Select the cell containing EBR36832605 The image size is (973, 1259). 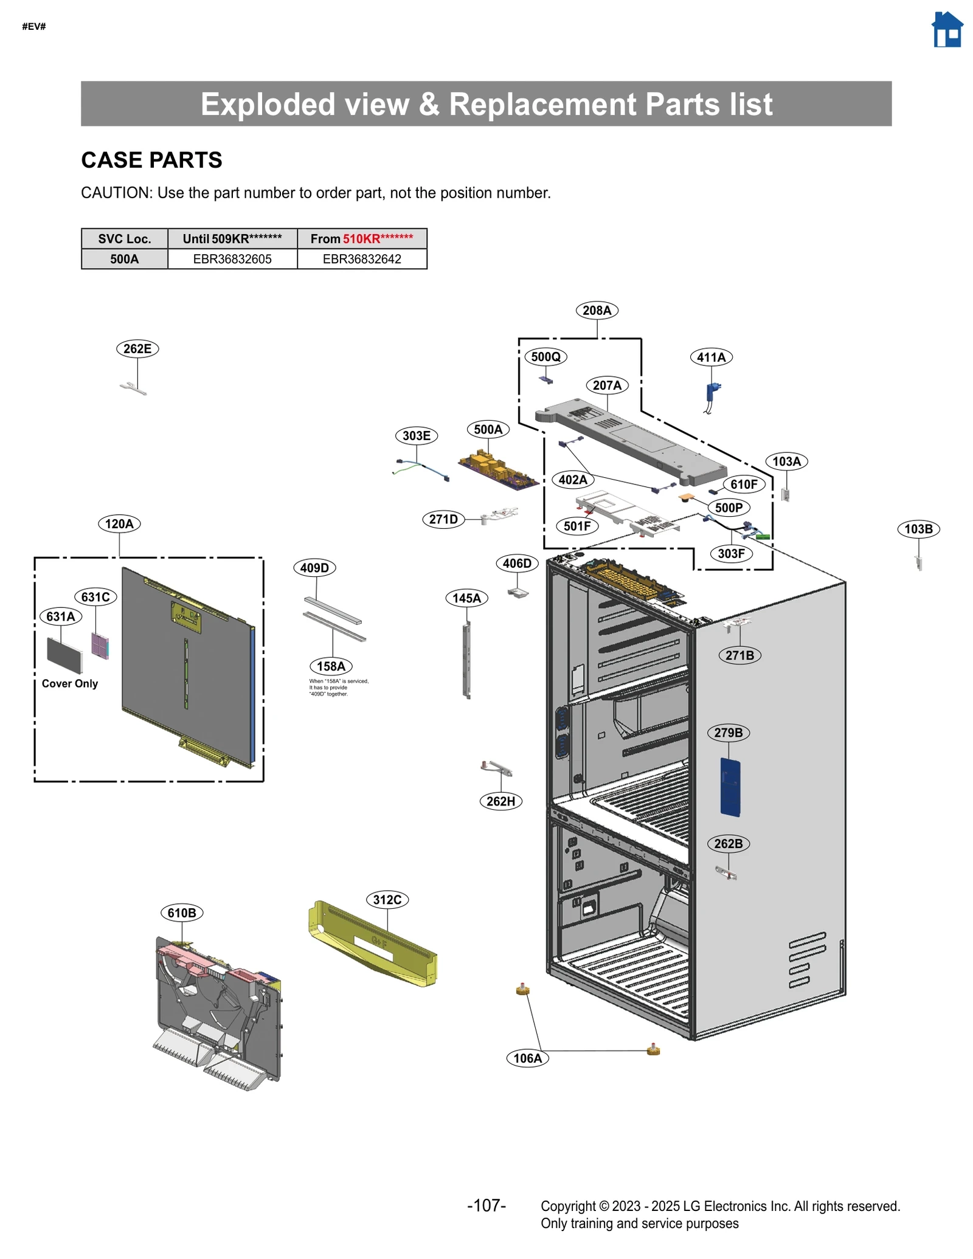232,259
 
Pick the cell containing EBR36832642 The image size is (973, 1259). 362,259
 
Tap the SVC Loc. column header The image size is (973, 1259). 125,239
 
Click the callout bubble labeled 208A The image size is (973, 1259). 597,311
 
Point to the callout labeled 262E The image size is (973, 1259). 137,349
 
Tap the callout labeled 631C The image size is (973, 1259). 95,597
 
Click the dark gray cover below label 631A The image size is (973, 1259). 64,655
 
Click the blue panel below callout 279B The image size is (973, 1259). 730,787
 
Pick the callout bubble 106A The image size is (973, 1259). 527,1058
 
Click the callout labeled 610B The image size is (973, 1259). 182,913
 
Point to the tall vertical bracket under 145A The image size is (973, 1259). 466,660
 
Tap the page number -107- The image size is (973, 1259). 486,1206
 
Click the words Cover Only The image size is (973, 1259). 70,683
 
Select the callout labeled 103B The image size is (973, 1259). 918,529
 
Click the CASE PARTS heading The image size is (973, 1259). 152,160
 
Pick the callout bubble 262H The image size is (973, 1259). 500,801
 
